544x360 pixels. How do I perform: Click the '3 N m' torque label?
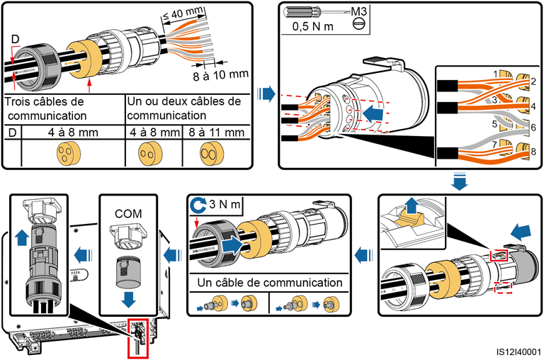pyautogui.click(x=222, y=206)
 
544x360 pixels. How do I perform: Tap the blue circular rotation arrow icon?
pyautogui.click(x=198, y=206)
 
